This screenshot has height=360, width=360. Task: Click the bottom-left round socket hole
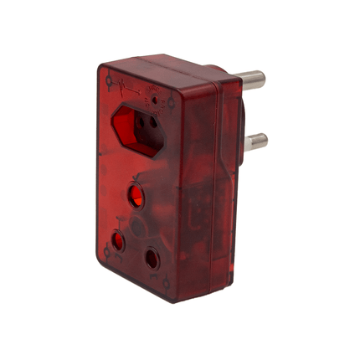click(x=117, y=243)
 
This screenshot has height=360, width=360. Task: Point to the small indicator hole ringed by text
click(x=157, y=99)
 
